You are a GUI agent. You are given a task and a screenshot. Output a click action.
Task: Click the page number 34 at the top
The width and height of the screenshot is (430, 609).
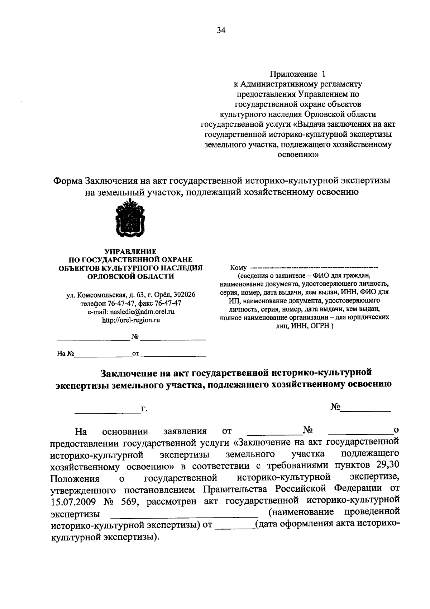pos(221,31)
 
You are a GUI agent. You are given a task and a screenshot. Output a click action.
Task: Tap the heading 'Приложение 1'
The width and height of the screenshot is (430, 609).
pos(298,74)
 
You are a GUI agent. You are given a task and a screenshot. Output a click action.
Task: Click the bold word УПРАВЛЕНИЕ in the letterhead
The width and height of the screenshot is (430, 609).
pos(130,252)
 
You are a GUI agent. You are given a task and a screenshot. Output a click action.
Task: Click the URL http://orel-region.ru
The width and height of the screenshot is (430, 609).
pos(131,320)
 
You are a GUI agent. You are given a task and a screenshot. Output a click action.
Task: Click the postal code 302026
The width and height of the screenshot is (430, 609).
pos(184,295)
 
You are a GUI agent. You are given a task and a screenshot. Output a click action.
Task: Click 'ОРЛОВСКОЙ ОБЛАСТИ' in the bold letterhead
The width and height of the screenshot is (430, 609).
pos(131,276)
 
